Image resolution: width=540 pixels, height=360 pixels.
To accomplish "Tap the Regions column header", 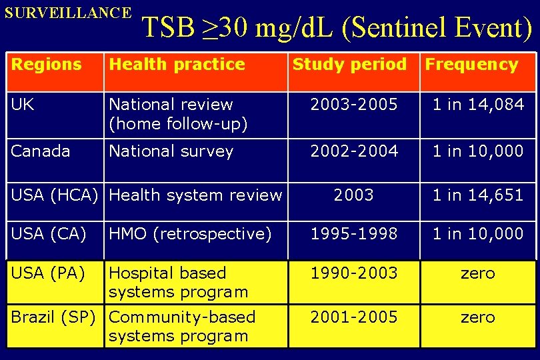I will pos(47,65).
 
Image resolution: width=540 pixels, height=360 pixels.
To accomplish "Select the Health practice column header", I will pos(177,65).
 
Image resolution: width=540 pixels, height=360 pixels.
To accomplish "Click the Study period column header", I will pos(349,65).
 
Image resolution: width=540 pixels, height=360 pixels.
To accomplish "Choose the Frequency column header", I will pos(471,65).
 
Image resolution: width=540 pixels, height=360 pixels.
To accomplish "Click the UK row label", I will pos(23,105).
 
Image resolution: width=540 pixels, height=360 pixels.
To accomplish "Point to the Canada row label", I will pos(41,151).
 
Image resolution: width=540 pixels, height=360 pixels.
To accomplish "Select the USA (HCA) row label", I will pos(55,195).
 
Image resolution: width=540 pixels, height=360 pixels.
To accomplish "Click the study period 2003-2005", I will pos(353,105).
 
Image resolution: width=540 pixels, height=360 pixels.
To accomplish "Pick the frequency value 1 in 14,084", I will pos(478,105).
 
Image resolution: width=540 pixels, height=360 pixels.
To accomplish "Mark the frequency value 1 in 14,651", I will pos(478,195).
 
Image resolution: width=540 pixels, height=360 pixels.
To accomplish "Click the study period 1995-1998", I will pos(353,234).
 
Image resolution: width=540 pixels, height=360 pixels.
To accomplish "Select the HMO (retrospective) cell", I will pos(190,234).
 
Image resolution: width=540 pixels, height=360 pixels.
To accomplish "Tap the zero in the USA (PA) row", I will pos(478,273).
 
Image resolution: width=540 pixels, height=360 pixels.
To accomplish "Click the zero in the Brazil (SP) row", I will pos(478,317).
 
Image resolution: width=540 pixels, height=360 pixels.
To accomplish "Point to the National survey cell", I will pos(171,151).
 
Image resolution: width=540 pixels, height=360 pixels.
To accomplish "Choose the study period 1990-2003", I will pos(353,273).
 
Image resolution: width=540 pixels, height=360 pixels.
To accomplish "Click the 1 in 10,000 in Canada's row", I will pos(478,151).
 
